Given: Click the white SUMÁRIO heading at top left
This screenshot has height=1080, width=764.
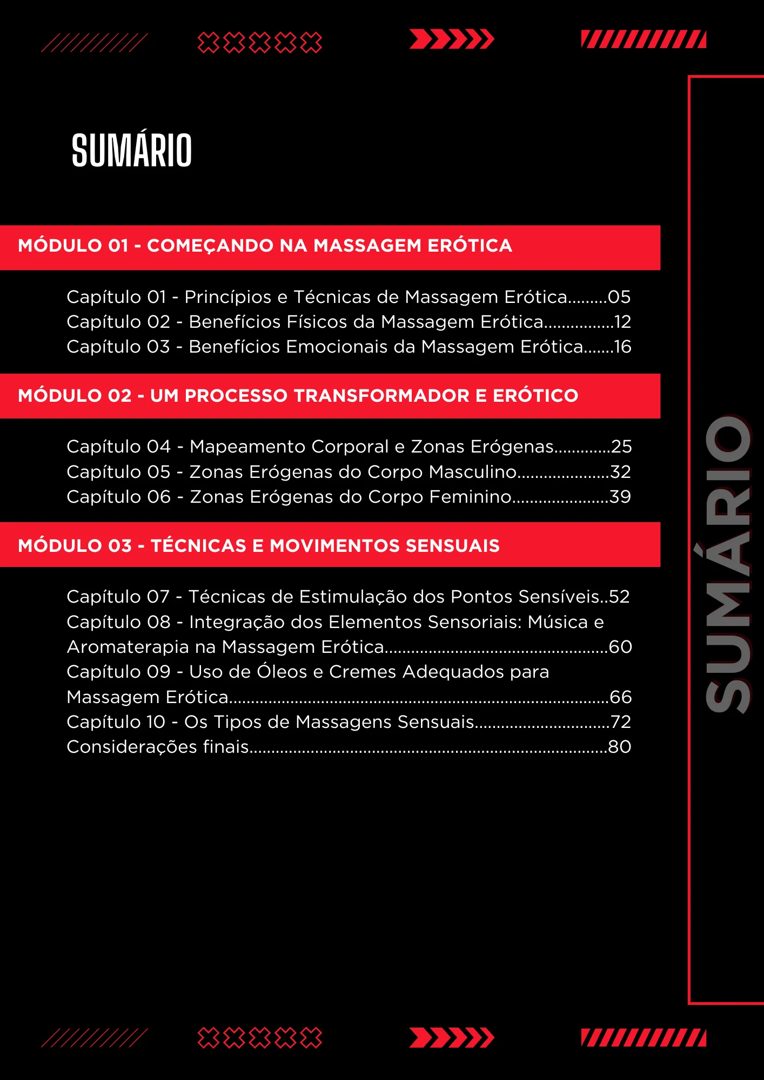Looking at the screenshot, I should click(132, 151).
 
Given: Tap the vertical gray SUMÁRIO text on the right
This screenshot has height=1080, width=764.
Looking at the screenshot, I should click(728, 564).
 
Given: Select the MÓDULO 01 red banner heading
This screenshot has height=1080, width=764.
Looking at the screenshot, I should click(265, 246).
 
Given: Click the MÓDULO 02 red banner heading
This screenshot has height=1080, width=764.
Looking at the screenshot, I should click(298, 396).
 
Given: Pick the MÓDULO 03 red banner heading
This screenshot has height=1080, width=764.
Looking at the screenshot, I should click(258, 546).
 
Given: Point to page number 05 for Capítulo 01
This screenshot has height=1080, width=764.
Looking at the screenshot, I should click(619, 297).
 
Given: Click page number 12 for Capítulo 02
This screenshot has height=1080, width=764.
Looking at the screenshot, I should click(623, 322).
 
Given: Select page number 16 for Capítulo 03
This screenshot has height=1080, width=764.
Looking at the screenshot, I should click(623, 347).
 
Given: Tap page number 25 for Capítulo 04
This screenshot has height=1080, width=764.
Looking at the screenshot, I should click(621, 447).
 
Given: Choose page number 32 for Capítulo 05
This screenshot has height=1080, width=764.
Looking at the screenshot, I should click(621, 472).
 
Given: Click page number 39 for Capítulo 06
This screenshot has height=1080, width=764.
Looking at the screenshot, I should click(620, 497).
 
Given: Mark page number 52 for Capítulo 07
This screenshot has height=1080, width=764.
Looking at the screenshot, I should click(619, 597).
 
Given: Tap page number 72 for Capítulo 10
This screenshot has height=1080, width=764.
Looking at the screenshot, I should click(621, 722).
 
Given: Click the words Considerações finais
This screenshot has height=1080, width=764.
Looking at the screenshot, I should click(157, 747).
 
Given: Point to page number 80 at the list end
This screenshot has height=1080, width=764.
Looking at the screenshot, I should click(620, 747).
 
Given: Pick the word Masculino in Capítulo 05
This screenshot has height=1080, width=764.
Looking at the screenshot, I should click(473, 472).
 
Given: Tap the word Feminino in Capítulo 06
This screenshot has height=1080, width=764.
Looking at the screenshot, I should click(470, 497).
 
